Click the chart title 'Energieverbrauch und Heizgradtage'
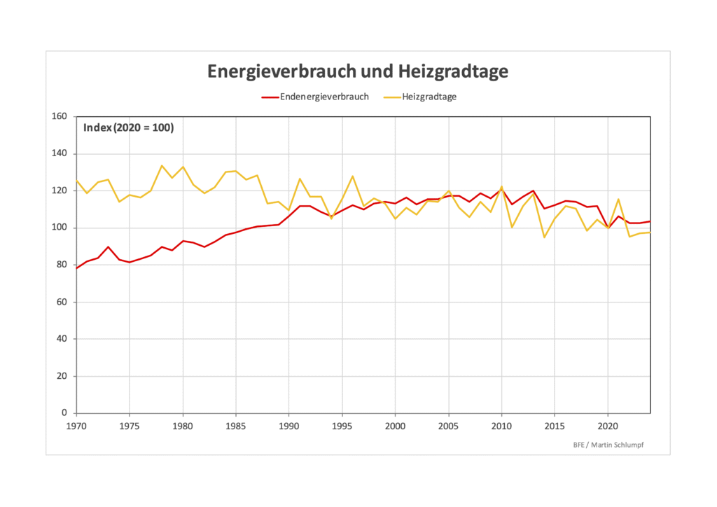click(358, 71)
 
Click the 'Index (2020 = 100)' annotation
click(128, 127)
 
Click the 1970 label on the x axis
click(76, 425)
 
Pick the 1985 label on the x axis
click(236, 425)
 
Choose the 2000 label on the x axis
click(396, 425)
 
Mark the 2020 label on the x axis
click(608, 425)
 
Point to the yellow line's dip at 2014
click(544, 237)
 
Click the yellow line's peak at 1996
click(353, 176)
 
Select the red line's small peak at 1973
click(108, 246)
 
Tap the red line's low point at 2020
click(608, 228)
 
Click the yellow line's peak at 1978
click(162, 165)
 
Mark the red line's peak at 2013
click(534, 190)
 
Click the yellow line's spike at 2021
click(619, 199)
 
